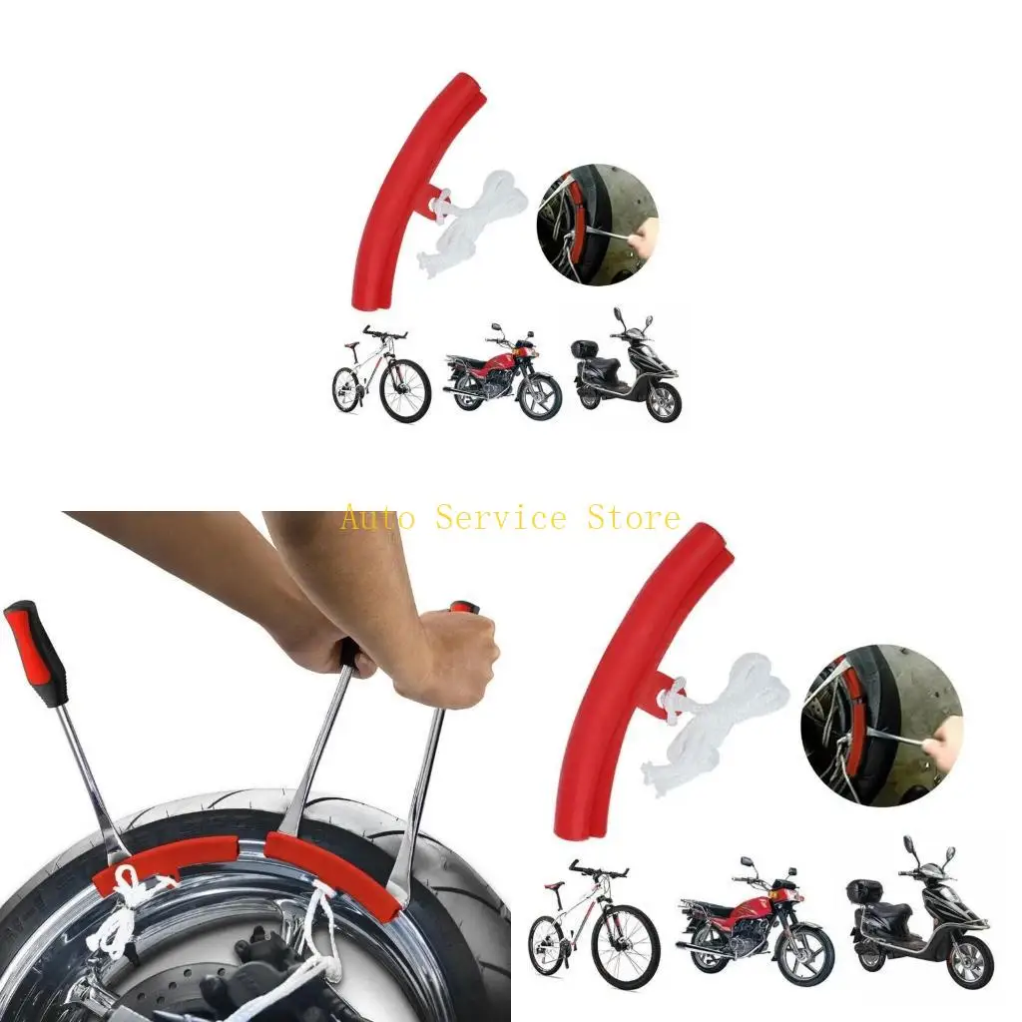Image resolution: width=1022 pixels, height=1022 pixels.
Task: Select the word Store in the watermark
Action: [x=634, y=518]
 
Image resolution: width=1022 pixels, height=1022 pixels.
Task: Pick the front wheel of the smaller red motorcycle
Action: [x=540, y=396]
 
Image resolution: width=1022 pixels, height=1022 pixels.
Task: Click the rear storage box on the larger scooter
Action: [x=864, y=891]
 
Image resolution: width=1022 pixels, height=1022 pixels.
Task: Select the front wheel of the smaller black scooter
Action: [x=664, y=401]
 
